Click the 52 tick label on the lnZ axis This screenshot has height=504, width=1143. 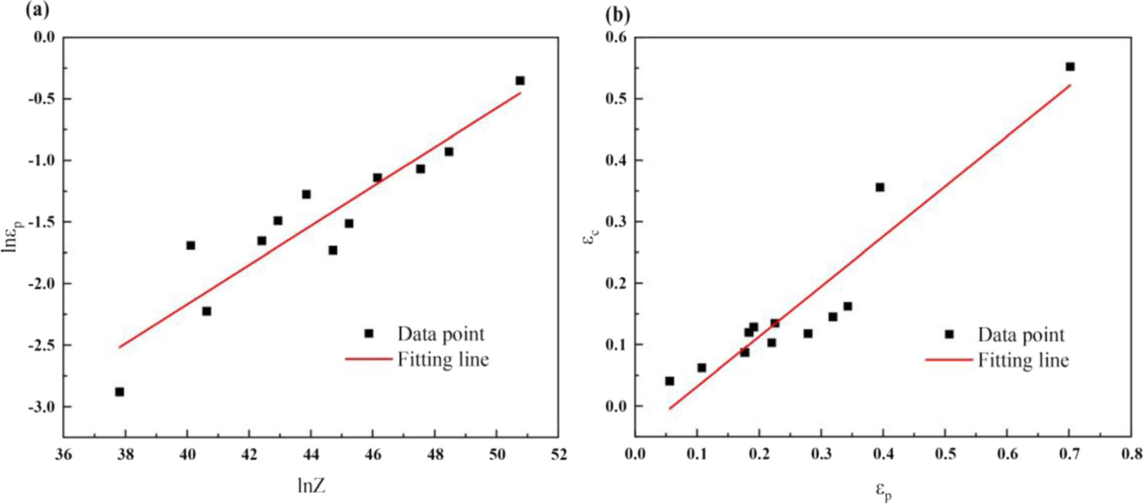[558, 455]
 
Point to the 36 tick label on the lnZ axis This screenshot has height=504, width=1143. [64, 455]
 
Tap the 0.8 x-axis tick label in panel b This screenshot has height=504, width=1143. [1131, 455]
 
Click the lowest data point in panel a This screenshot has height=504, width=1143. [119, 392]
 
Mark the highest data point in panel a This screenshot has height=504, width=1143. [520, 80]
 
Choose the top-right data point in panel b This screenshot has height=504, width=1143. [1070, 66]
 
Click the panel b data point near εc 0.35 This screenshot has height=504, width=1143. [880, 187]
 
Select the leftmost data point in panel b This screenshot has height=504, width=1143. [670, 381]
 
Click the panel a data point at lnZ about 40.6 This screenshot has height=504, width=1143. [206, 311]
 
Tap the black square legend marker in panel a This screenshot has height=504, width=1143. [369, 333]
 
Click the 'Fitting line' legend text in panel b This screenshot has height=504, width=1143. [1023, 360]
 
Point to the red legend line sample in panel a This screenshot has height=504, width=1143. [369, 359]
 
